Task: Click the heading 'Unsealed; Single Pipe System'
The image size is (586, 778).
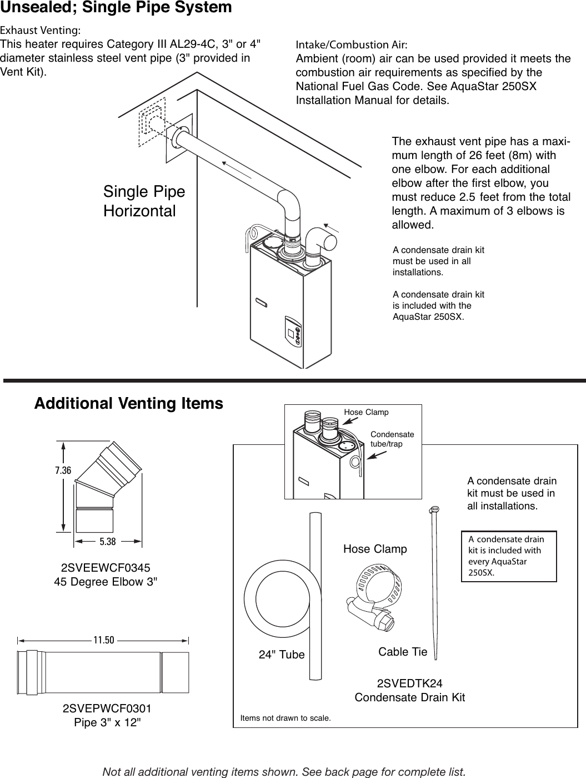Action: point(116,8)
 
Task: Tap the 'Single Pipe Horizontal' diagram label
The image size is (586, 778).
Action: point(144,201)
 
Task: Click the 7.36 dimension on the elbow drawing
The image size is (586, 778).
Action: point(63,470)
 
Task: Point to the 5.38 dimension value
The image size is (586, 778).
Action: point(108,541)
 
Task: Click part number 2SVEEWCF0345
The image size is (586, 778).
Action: point(105,568)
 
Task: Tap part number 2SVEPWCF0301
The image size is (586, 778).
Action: point(107,709)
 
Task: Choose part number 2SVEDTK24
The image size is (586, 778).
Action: point(410,683)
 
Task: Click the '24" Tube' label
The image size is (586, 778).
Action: point(282,655)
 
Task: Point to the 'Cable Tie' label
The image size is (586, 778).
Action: point(403,652)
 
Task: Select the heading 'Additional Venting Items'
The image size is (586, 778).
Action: point(129,404)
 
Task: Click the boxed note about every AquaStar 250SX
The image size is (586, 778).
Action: point(509,556)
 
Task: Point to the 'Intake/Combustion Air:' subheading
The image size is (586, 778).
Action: point(352,44)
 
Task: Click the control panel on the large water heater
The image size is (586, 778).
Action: point(293,332)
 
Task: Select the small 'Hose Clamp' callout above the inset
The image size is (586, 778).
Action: point(366,412)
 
